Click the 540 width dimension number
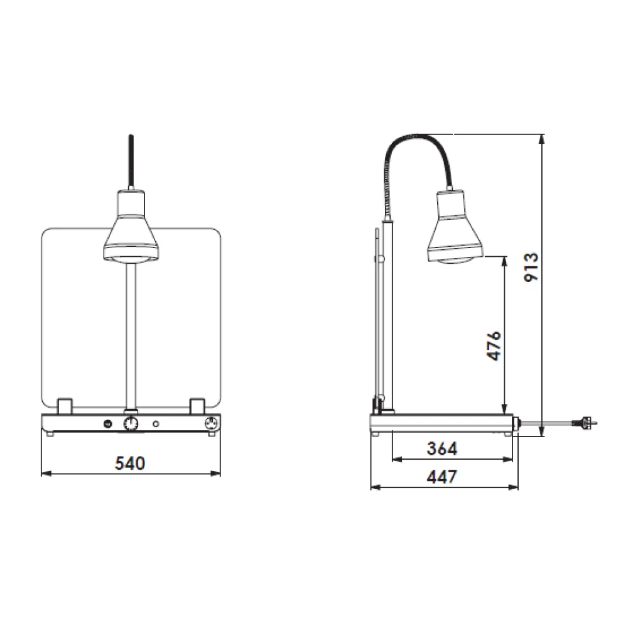[130, 463]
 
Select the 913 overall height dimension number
[531, 267]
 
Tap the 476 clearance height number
[494, 345]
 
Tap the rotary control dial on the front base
[131, 424]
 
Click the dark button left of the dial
[107, 424]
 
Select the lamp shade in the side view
[456, 229]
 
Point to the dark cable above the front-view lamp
[131, 160]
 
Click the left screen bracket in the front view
[64, 406]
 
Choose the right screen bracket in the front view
[197, 406]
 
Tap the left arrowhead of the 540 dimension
[45, 474]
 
